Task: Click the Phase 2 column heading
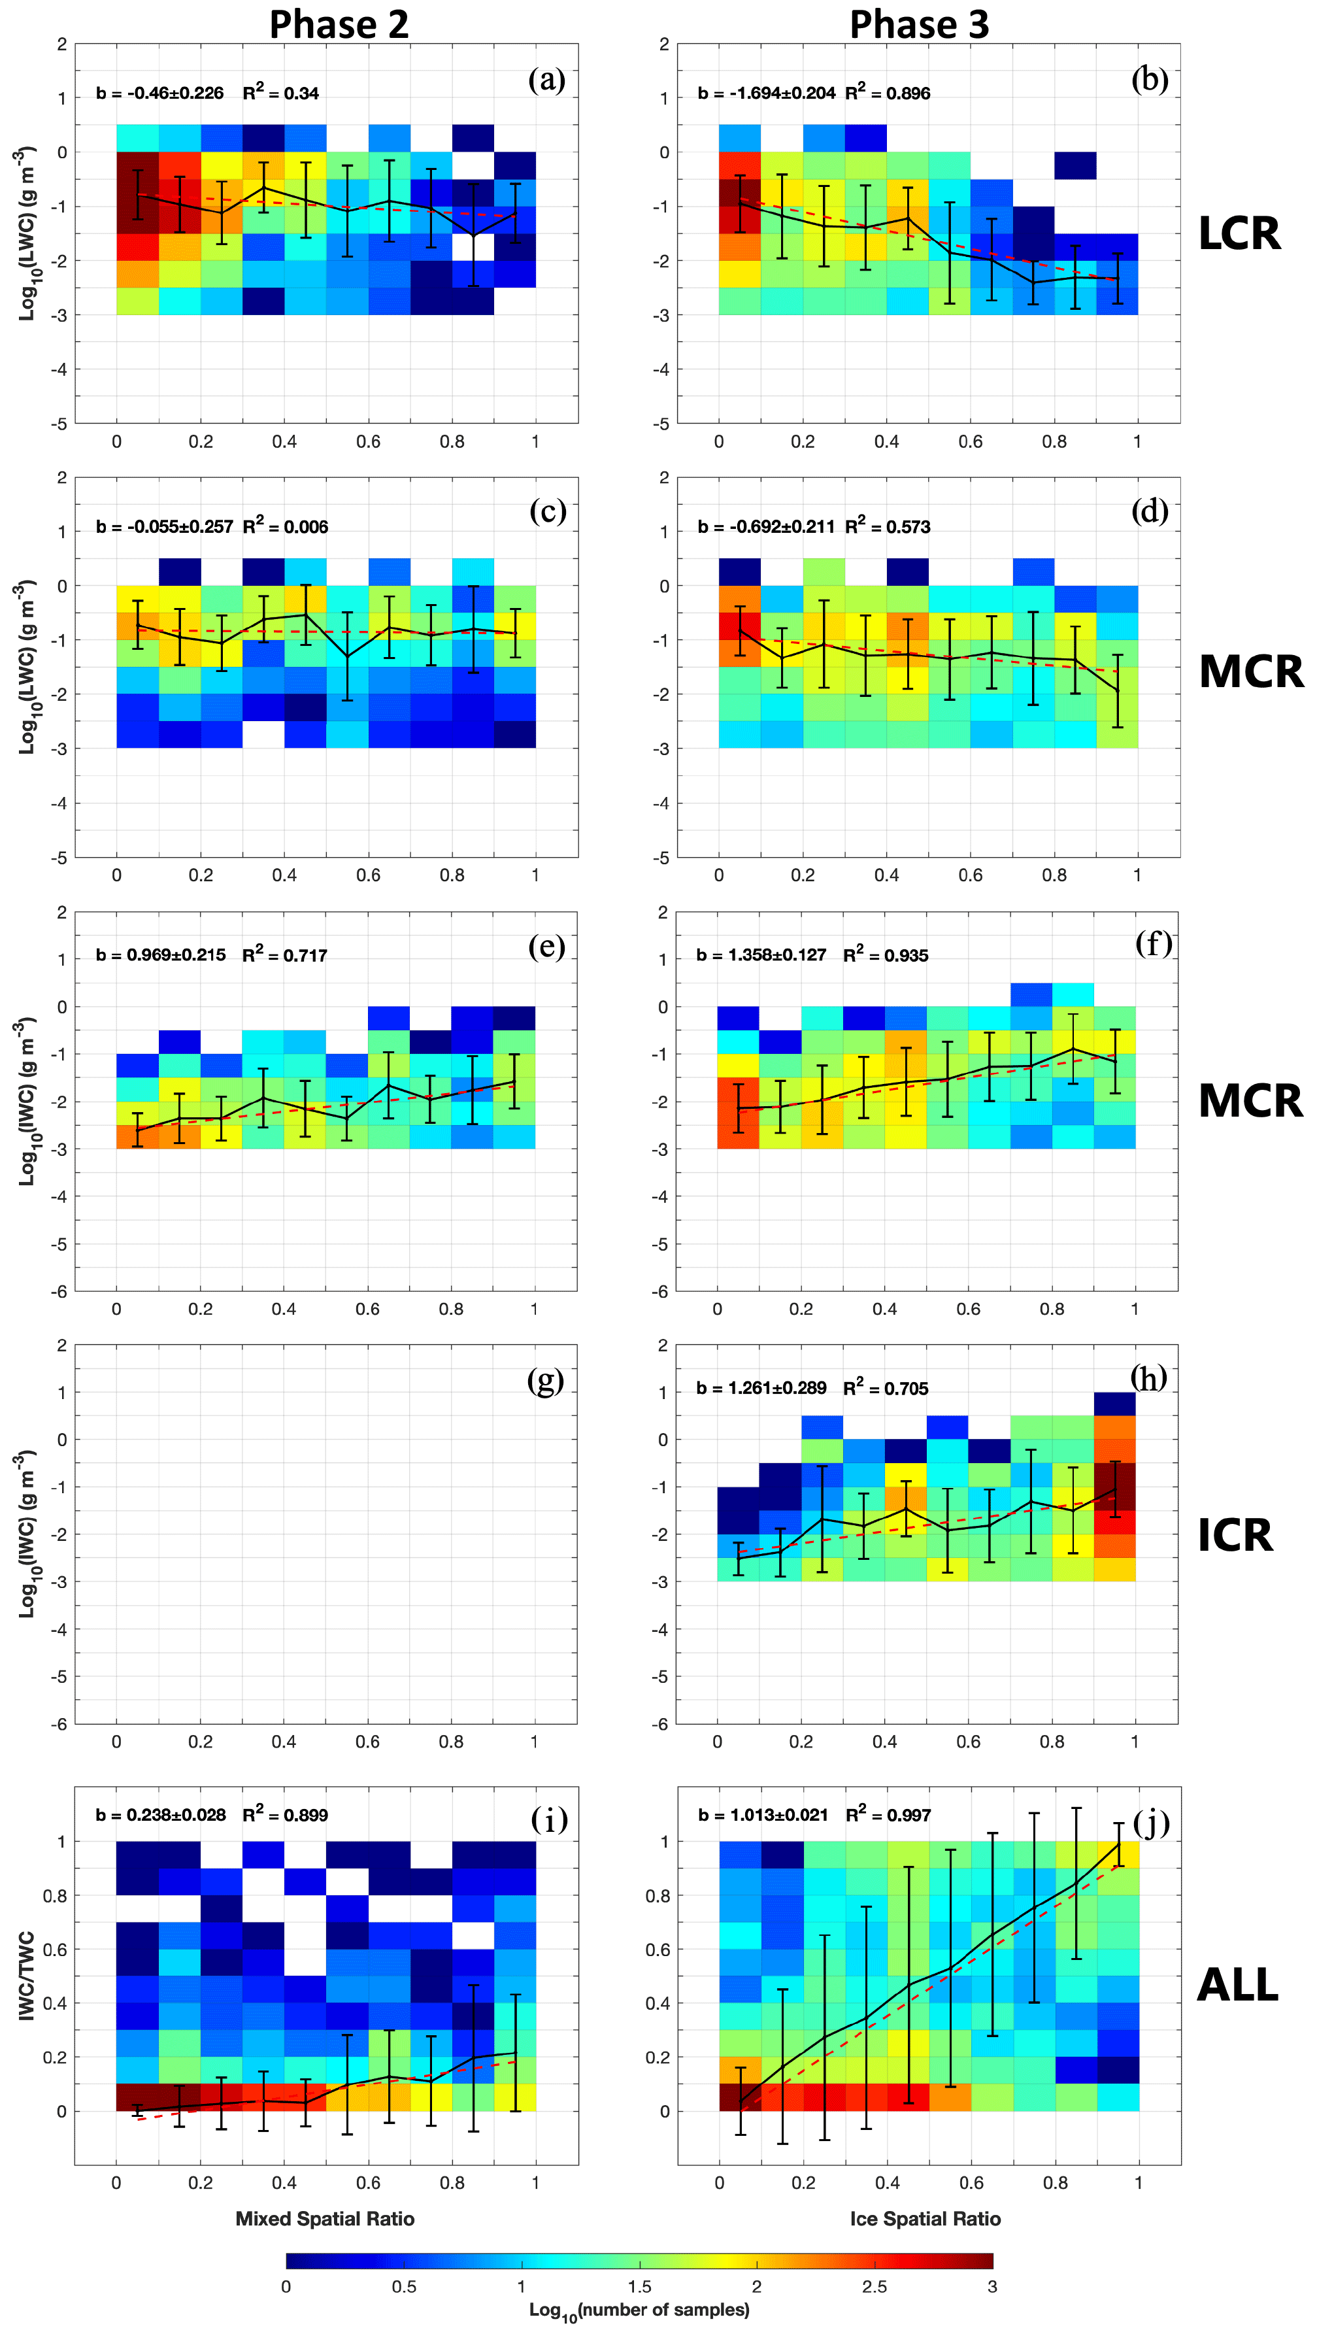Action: click(x=339, y=24)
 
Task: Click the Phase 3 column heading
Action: click(x=919, y=24)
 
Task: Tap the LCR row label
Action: click(x=1239, y=233)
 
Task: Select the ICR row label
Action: click(x=1235, y=1535)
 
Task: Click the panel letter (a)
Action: click(x=546, y=80)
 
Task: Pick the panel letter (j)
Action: click(x=1150, y=1819)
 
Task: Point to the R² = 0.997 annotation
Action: click(x=888, y=1815)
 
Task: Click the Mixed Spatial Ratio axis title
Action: click(x=325, y=2219)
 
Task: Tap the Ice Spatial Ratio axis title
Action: click(x=925, y=2219)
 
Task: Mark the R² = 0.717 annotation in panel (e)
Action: click(x=284, y=955)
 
